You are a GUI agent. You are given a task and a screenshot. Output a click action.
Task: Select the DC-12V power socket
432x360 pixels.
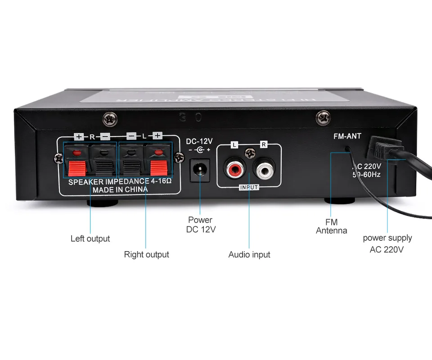coord(200,170)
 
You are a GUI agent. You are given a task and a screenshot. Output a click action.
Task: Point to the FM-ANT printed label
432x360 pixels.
coord(347,136)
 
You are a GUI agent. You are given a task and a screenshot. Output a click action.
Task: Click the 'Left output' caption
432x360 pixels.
coord(90,238)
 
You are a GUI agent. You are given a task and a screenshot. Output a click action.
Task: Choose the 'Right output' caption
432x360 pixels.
coord(146,255)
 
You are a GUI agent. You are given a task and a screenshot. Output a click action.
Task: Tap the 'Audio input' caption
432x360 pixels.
coord(249,255)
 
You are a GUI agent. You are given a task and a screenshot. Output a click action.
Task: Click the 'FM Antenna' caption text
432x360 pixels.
coord(332,226)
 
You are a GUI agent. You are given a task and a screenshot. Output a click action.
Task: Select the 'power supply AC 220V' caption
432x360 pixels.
coord(387,243)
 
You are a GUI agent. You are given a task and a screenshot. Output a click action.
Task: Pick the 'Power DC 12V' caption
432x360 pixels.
coord(201,225)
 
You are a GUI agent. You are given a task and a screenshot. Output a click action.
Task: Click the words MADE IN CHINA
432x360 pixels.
coord(120,189)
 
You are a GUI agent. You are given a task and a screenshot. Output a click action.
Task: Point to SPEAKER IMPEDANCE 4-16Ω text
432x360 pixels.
coord(120,181)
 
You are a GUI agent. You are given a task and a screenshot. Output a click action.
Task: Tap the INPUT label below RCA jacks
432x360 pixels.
coord(249,187)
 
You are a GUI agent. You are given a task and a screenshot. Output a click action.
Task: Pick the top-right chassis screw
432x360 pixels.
coord(323,118)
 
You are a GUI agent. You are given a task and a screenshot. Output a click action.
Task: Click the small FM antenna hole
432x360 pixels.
coord(347,148)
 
